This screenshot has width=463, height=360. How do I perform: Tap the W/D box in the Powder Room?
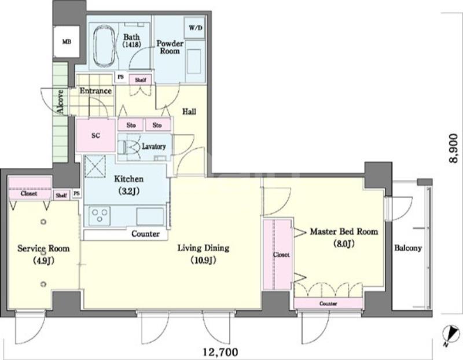tap(195, 28)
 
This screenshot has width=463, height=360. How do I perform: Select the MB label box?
tap(67, 42)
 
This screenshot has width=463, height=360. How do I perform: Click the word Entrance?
tap(95, 91)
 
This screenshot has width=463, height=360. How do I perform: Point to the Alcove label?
tap(60, 102)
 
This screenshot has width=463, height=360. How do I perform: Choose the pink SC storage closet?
tap(95, 135)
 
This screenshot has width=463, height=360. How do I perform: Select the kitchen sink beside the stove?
tap(150, 216)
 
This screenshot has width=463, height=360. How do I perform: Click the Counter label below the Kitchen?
tap(145, 234)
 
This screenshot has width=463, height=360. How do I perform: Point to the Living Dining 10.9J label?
tap(204, 254)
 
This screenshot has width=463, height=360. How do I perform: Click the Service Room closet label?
tap(29, 194)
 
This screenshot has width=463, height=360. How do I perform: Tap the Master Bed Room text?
tap(344, 232)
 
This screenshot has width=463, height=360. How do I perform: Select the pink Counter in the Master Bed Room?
tap(328, 303)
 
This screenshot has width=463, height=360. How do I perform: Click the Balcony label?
tap(408, 248)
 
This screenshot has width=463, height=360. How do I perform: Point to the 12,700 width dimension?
tap(221, 352)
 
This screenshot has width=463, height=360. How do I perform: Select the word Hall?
tap(189, 112)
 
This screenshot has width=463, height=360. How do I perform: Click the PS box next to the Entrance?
tap(120, 77)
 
